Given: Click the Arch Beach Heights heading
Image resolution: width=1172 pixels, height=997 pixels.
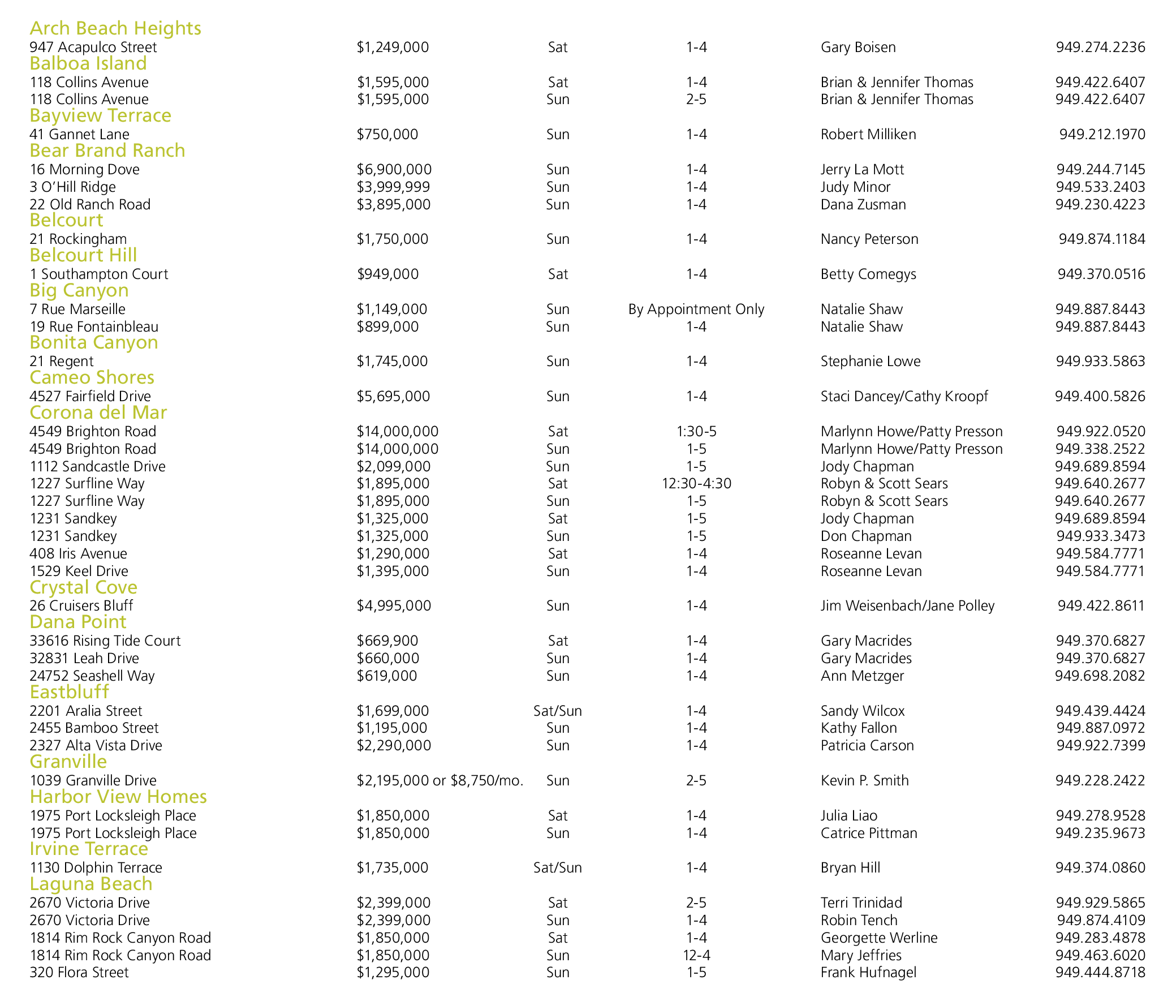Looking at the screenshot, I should tap(115, 28).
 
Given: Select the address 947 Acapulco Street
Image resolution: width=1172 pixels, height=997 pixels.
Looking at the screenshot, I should tap(93, 48).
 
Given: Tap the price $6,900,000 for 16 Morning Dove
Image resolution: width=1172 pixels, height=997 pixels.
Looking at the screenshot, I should tap(394, 170).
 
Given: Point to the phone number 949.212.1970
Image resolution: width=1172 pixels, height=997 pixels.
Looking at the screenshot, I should tap(1102, 135).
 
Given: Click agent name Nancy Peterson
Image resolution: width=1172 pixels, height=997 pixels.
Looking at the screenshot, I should tap(869, 239).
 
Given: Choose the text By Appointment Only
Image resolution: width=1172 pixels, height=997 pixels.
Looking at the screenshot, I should tap(696, 310).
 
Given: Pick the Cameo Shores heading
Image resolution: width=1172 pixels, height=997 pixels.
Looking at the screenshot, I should tap(92, 377).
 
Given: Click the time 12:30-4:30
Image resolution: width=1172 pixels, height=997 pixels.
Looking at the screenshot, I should tap(696, 484).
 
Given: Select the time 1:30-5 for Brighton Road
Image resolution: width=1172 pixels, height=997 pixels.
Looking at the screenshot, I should tap(696, 432).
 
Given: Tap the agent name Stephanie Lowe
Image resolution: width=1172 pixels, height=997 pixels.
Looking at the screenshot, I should tap(871, 362).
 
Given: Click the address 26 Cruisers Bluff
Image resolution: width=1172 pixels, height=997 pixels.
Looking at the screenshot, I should tap(81, 606).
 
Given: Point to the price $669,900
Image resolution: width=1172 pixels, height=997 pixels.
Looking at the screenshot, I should tap(387, 641).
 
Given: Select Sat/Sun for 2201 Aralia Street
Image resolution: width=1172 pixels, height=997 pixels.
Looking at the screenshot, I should tap(558, 711).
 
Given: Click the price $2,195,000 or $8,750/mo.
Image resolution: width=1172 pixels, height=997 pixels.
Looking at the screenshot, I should tap(440, 781).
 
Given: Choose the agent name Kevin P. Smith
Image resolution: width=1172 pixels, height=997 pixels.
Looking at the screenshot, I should tap(864, 781).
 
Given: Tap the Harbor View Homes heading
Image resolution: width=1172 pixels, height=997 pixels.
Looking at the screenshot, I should tap(118, 797).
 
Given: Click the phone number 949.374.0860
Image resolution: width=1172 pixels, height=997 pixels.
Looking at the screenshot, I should tap(1100, 868).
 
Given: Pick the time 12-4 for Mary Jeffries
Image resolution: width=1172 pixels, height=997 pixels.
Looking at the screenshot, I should tap(696, 956).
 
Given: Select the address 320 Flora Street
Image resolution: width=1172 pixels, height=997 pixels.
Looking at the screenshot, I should tap(79, 973).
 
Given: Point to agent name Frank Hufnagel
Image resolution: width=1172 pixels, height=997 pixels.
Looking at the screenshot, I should tap(868, 973).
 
